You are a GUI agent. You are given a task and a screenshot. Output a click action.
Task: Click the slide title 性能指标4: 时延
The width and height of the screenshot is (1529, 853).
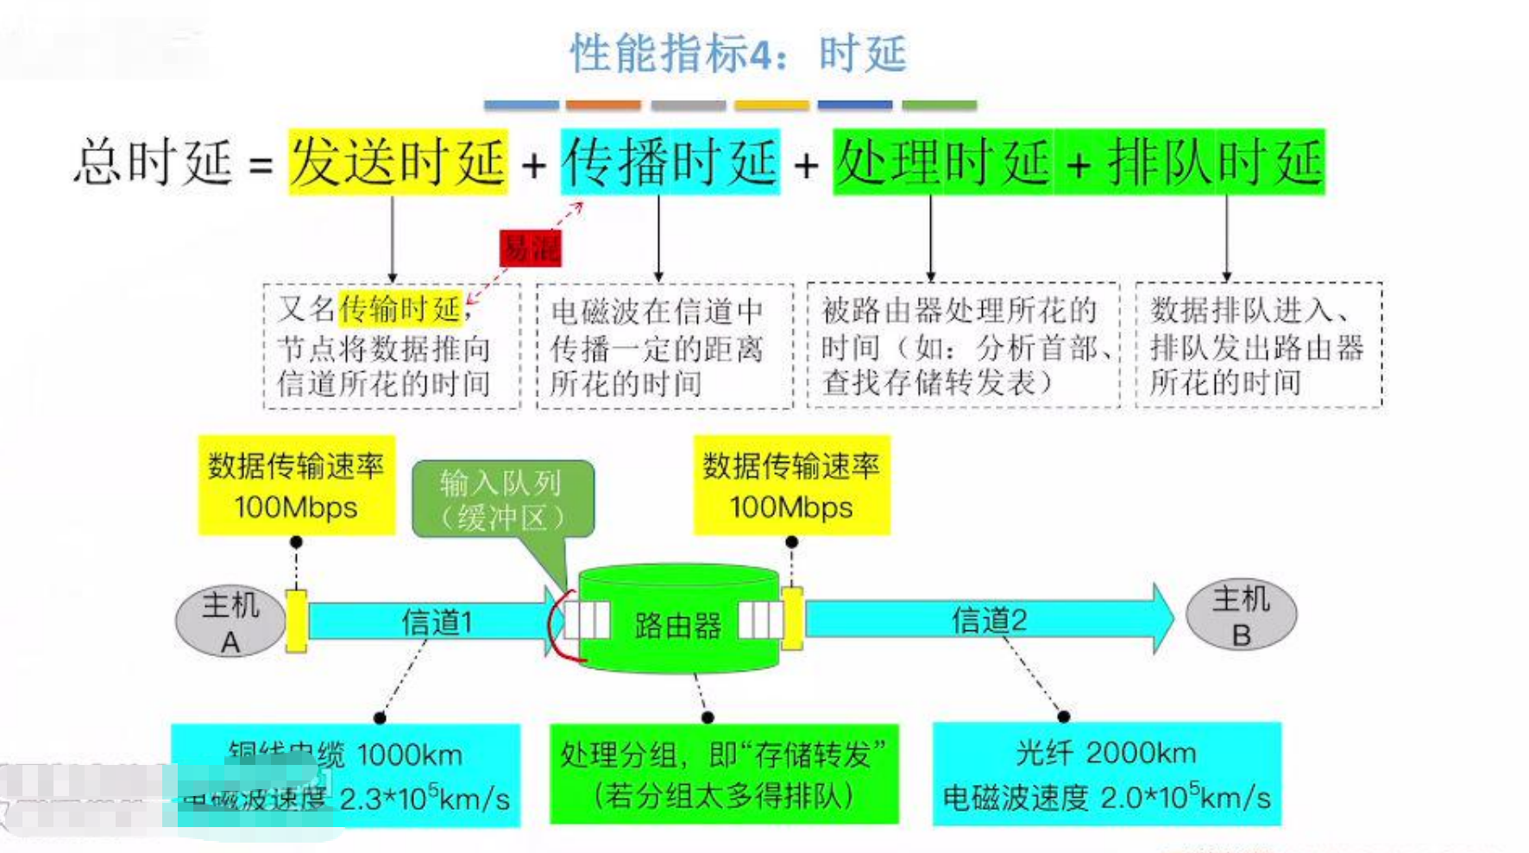[738, 54]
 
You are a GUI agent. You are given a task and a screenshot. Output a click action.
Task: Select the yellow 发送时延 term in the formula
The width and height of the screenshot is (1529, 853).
[398, 162]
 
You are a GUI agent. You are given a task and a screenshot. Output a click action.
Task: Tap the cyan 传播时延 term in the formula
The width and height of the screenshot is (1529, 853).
[670, 162]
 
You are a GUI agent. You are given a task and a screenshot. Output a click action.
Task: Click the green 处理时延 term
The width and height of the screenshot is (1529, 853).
[942, 162]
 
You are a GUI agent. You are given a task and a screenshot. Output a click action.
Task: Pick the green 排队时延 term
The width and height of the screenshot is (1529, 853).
[1215, 162]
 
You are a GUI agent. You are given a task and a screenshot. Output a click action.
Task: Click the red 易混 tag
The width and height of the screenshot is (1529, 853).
[530, 249]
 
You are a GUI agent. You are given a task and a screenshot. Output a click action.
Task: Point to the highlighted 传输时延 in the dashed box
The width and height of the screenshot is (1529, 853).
[401, 308]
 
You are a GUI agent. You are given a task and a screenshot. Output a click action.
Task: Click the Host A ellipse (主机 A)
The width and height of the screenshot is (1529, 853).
[230, 622]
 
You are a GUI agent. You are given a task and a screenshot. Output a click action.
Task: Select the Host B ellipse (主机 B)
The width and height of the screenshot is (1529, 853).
[1241, 616]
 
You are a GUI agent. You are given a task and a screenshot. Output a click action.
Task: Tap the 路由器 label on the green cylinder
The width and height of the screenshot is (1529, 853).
[677, 625]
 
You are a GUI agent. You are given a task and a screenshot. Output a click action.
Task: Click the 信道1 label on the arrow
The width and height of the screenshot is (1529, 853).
[437, 622]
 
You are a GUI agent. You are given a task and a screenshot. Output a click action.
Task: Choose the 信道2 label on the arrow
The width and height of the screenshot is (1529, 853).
[989, 620]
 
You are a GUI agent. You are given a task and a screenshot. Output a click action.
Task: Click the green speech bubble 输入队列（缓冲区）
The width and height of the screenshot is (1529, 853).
[503, 500]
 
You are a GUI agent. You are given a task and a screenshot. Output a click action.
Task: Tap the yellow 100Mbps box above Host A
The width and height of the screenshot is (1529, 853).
[296, 486]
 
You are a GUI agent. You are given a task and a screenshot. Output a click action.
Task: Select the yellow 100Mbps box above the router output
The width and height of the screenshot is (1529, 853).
[791, 486]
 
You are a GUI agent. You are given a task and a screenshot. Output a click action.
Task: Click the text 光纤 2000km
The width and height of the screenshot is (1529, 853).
[1105, 753]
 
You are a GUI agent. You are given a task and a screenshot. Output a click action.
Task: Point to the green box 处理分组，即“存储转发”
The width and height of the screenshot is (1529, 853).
[724, 774]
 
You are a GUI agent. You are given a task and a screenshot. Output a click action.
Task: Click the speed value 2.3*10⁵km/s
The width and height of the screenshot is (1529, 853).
[425, 799]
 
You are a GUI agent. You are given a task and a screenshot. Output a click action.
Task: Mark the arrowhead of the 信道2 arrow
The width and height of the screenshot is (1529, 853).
[1161, 618]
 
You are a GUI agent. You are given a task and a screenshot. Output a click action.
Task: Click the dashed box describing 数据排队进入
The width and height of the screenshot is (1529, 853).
[1258, 345]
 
